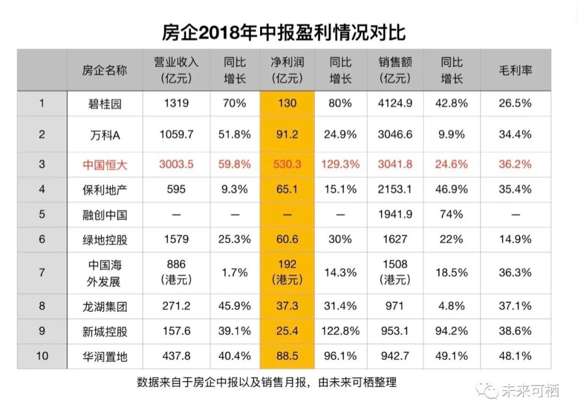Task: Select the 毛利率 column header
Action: [x=515, y=71]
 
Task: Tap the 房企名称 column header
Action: [x=105, y=71]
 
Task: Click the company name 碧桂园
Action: [x=105, y=104]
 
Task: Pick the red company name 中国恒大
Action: [x=105, y=165]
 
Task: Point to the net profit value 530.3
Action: [x=287, y=164]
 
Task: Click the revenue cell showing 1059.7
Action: [x=176, y=134]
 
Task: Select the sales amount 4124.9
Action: [x=395, y=103]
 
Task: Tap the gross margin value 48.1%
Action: [x=515, y=356]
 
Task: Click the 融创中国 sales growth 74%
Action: [x=452, y=214]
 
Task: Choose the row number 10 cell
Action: [x=42, y=356]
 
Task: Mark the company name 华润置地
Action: [x=105, y=356]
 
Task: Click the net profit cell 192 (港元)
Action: [x=287, y=272]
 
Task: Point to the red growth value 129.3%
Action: [x=340, y=164]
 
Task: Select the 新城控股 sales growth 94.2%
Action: [x=452, y=331]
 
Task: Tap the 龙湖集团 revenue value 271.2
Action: [x=176, y=306]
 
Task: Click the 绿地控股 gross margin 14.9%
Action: [x=515, y=239]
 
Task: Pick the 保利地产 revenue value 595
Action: [x=176, y=189]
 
